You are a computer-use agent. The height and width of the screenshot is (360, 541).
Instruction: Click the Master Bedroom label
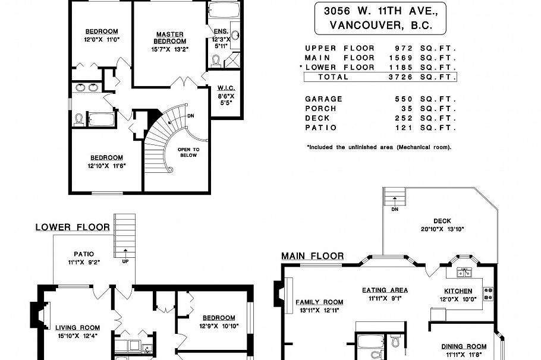tap(170, 37)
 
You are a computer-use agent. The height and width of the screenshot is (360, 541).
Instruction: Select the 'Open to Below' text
tap(188, 152)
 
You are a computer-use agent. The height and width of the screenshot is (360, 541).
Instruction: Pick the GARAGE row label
tap(323, 99)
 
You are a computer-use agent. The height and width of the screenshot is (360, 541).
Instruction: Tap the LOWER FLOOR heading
tap(72, 227)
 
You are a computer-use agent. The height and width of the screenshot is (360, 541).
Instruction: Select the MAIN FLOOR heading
tap(313, 256)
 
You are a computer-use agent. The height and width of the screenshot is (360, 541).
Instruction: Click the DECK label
tap(442, 221)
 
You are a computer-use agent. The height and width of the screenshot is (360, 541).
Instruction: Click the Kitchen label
tap(458, 291)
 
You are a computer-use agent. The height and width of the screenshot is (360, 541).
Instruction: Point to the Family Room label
tap(320, 302)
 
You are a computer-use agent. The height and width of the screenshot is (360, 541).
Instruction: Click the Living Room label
tap(77, 327)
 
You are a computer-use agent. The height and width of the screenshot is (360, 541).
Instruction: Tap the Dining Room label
tap(464, 346)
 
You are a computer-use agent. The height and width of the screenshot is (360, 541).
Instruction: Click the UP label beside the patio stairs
tap(125, 261)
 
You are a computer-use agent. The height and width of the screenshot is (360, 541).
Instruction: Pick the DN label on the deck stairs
tap(395, 209)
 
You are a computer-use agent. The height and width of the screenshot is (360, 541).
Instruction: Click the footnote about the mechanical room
tap(379, 146)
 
